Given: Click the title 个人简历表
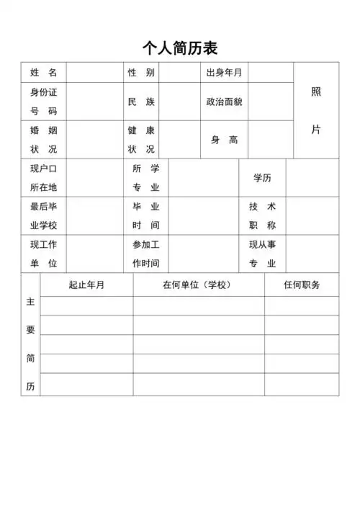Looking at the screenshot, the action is click(180, 48).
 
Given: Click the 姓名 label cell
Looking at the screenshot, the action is click(43, 72).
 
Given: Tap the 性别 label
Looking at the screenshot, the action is click(141, 72).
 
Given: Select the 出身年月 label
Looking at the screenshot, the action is click(224, 72).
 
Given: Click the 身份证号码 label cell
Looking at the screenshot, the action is click(43, 102).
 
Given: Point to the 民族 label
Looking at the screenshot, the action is click(141, 102).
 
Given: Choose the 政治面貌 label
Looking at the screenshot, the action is click(224, 102).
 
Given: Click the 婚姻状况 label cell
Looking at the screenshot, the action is click(43, 140).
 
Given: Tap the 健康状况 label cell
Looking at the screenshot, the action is click(141, 140).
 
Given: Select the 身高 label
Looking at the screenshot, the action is click(224, 140).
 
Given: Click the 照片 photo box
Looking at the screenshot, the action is click(316, 110).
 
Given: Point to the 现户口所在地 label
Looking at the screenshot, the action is click(43, 177).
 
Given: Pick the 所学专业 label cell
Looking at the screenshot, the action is click(146, 177).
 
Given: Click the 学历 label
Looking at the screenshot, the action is click(262, 177).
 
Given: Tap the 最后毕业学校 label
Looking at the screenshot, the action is click(43, 215).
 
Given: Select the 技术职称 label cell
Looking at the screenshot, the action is click(262, 215).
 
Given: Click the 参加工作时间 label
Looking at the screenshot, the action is click(146, 254).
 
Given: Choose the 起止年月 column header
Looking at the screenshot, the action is click(86, 285).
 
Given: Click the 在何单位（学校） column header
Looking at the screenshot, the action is click(198, 285).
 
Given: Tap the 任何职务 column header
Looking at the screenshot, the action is click(302, 285).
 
